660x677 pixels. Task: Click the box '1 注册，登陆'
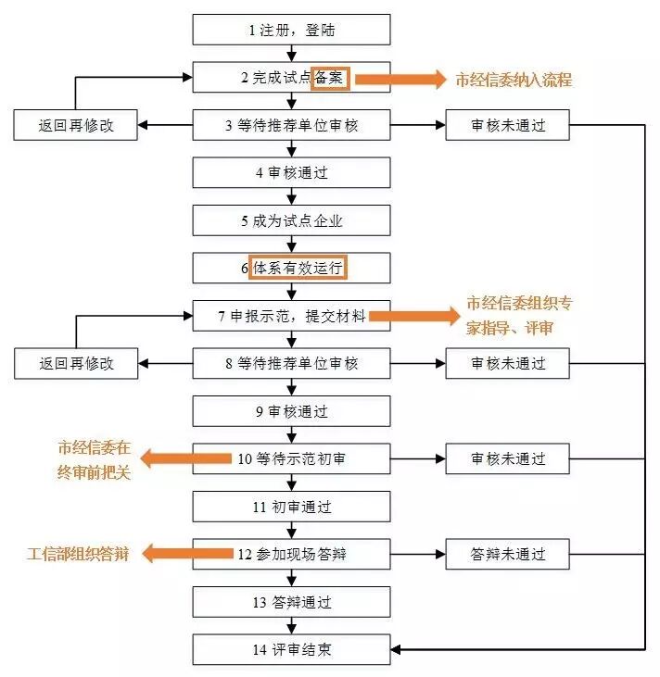coord(292,30)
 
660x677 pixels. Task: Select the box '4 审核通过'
coord(292,173)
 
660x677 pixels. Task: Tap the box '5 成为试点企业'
coord(292,221)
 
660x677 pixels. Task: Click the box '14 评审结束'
coord(292,650)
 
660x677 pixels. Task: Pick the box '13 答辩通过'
coord(292,603)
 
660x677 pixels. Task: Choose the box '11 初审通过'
coord(292,507)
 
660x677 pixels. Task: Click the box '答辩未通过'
coord(507,555)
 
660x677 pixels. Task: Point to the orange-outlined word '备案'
coord(330,78)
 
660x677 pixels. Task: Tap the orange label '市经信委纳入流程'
coord(514,80)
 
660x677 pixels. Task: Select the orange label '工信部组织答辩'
coord(77,555)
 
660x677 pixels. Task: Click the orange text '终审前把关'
coord(93,471)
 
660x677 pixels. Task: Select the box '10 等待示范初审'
coord(292,458)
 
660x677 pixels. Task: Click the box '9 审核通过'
coord(292,410)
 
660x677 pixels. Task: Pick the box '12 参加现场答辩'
coord(292,555)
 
